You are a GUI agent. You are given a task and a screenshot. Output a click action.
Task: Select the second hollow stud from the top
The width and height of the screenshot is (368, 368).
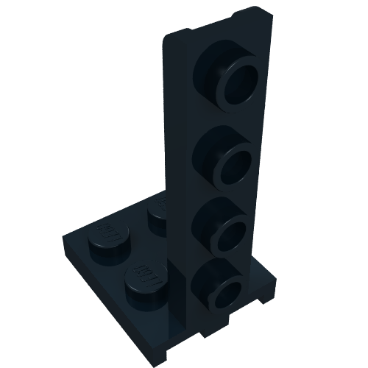point(224,154)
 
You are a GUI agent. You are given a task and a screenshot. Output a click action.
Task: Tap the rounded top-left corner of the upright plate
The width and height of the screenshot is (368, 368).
point(166,37)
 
